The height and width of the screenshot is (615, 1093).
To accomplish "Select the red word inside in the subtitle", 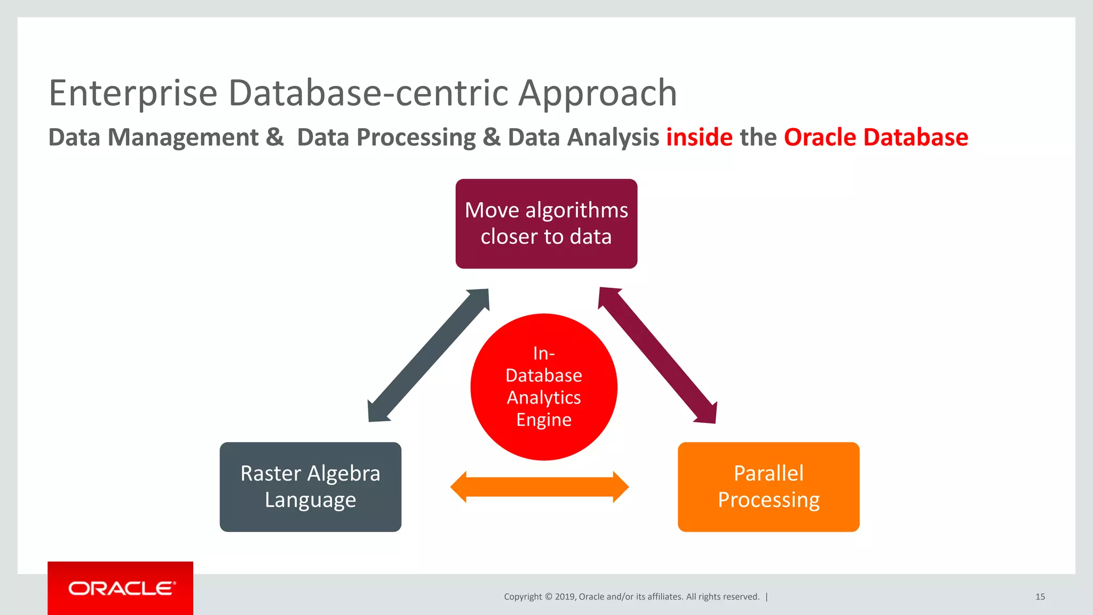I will (x=699, y=137).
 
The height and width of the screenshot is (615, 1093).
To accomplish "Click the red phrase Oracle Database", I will (x=876, y=137).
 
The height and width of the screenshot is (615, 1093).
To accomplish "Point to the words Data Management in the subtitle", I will (x=154, y=137).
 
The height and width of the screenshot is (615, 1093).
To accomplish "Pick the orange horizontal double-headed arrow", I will (x=540, y=487).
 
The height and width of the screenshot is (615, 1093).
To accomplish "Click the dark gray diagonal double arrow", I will (x=428, y=356).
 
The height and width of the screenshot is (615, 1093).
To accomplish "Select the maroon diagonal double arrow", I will (x=658, y=356).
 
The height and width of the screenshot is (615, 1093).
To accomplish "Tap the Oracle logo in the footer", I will (x=121, y=588).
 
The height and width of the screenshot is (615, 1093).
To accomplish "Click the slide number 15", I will (x=1040, y=597).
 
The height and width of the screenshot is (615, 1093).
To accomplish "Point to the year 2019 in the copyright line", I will (x=565, y=597).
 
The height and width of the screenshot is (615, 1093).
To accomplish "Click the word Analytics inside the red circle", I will (x=544, y=398).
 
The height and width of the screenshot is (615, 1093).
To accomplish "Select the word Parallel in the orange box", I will (x=768, y=474).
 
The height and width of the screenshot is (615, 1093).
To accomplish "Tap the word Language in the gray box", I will (x=310, y=500).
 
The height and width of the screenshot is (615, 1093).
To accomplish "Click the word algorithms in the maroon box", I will (x=576, y=210).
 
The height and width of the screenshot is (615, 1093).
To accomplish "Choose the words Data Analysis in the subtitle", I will (x=583, y=137).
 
